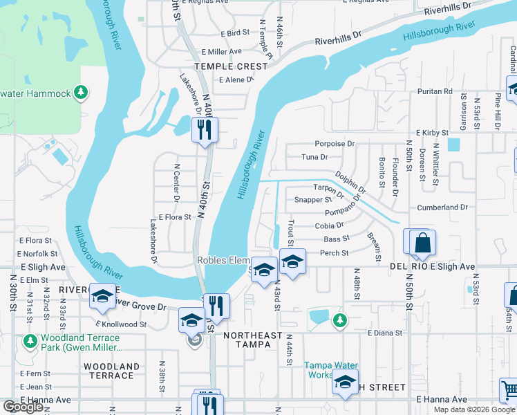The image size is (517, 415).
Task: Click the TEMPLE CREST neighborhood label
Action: (230, 66)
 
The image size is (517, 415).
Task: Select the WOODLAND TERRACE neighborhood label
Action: (109, 371)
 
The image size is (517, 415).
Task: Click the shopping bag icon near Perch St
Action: (422, 243)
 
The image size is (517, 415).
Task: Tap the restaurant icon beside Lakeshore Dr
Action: (205, 129)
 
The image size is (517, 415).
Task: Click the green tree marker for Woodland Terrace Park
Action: (30, 341)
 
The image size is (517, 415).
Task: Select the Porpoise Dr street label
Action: (335, 145)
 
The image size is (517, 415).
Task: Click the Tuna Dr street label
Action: (314, 157)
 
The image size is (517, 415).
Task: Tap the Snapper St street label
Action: (313, 200)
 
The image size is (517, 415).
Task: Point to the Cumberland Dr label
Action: (442, 207)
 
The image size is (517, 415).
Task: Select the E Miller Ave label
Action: (221, 51)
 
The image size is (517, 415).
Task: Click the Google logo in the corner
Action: (23, 407)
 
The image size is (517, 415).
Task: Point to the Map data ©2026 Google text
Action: (474, 409)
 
